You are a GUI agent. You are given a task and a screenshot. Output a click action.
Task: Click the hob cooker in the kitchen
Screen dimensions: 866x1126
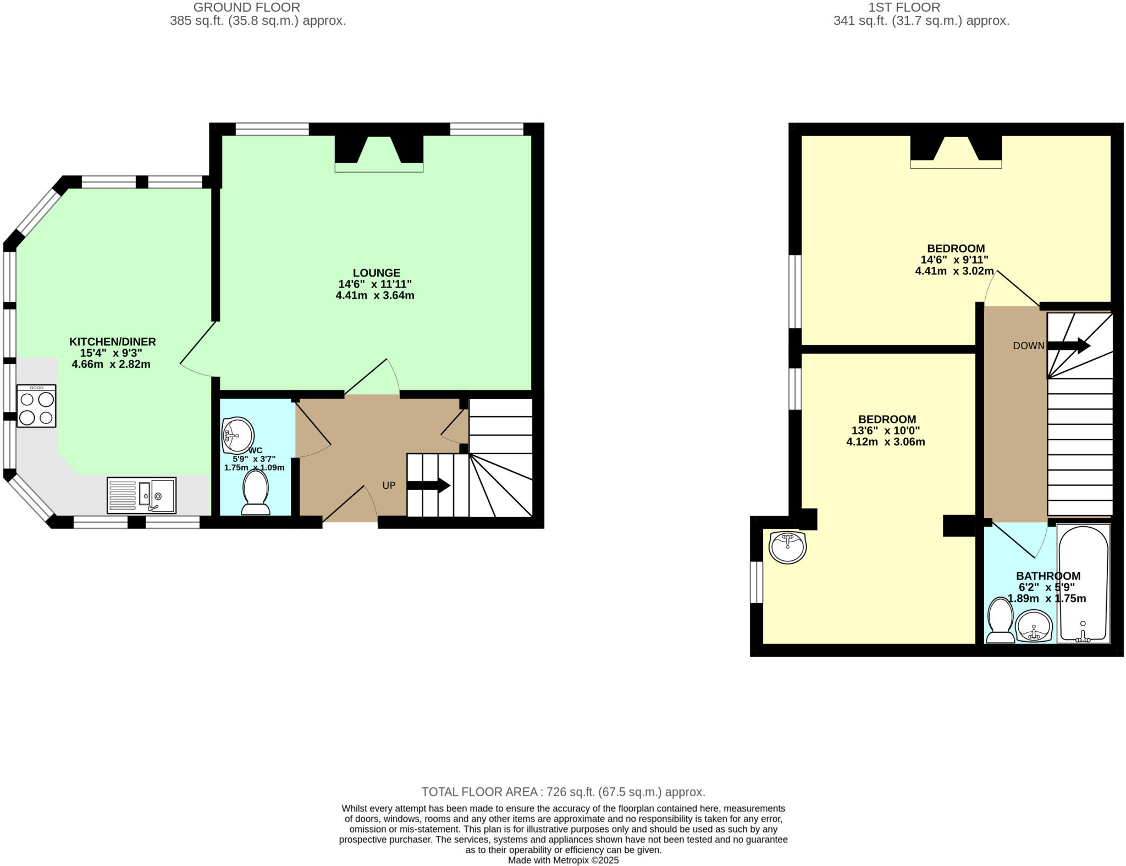pos(36,406)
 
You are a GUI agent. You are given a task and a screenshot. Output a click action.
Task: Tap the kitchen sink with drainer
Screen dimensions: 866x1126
pos(141,495)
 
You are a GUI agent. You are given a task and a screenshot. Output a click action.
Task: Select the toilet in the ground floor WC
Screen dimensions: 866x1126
pos(256,492)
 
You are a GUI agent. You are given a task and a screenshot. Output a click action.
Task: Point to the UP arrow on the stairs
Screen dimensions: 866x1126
pos(428,486)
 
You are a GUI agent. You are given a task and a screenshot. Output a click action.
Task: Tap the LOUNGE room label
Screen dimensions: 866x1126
pos(376,273)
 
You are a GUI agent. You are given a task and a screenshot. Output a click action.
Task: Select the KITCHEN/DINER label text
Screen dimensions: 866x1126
pos(112,341)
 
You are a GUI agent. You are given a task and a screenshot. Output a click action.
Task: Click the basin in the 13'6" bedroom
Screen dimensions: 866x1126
pos(787,547)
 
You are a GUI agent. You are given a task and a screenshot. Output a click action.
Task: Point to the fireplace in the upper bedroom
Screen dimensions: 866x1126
pos(956,152)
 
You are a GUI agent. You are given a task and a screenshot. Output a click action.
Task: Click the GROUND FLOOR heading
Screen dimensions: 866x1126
pos(246,8)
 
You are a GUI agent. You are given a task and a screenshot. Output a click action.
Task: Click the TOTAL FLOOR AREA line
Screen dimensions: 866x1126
pos(563,792)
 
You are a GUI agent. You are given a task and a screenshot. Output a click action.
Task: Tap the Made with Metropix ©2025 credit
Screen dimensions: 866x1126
pos(563,860)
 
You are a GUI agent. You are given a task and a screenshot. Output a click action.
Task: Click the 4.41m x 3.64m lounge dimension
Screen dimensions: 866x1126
pos(375,295)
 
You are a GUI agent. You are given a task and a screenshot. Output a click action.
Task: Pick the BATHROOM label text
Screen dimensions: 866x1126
pos(1048,576)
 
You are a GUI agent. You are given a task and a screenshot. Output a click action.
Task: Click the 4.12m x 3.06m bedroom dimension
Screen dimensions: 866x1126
pos(885,442)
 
